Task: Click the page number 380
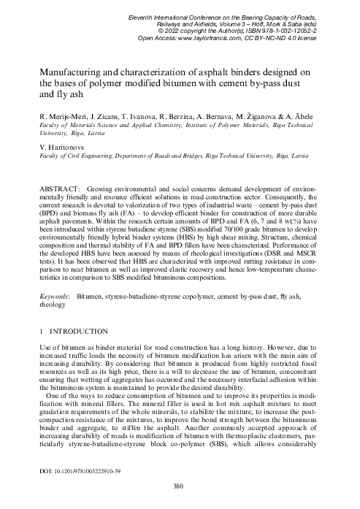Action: tap(180, 486)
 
